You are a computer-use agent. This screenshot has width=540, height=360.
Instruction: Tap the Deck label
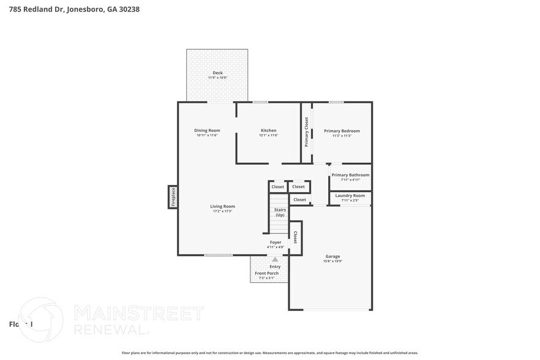click(x=217, y=73)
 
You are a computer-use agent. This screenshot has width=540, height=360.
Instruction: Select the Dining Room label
click(x=207, y=130)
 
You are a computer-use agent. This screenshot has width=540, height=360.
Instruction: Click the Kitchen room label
click(x=268, y=130)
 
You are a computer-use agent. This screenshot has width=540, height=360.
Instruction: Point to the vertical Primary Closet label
click(x=307, y=132)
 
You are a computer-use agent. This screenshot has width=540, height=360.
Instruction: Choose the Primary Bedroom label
click(x=342, y=130)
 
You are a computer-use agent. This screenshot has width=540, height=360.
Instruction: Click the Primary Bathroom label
click(x=350, y=175)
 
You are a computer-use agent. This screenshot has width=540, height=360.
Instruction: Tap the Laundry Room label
click(x=350, y=195)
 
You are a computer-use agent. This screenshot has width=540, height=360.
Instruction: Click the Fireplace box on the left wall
click(x=173, y=197)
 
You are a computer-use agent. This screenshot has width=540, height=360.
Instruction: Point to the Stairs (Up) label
click(x=280, y=212)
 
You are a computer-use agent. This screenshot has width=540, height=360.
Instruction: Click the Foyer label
click(x=276, y=242)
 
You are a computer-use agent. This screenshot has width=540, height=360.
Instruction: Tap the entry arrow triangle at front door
click(x=275, y=260)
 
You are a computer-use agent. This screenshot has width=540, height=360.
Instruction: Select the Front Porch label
click(x=267, y=273)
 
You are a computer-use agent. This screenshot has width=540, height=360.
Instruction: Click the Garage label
click(x=332, y=257)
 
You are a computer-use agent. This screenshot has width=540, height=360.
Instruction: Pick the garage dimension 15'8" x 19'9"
click(x=332, y=261)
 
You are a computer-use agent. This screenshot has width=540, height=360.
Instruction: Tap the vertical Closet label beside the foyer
click(x=295, y=238)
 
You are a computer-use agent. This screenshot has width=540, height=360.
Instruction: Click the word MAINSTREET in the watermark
click(x=138, y=314)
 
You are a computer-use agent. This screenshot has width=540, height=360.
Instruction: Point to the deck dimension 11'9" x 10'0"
click(x=217, y=78)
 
